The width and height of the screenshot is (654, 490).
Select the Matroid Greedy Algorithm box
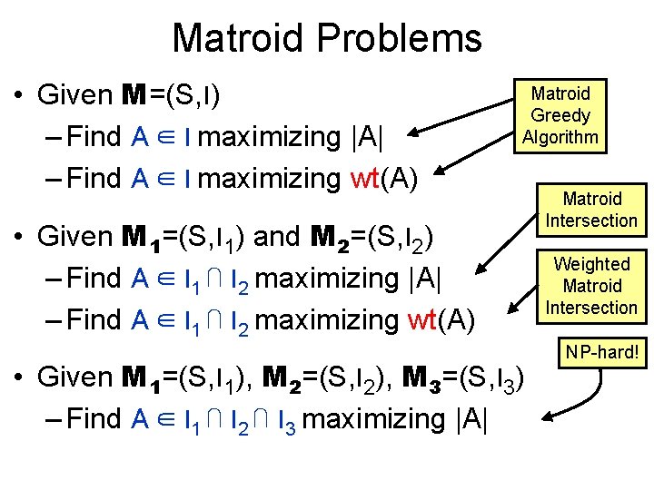coord(560,115)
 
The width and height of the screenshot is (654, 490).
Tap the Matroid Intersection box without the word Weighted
coord(592,210)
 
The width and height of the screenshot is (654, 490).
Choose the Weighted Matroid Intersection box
coord(592,286)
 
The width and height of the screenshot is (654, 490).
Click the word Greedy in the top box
coord(560,115)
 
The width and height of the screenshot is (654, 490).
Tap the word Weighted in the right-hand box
coord(592,264)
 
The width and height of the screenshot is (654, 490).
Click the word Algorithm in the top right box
coord(560,137)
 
